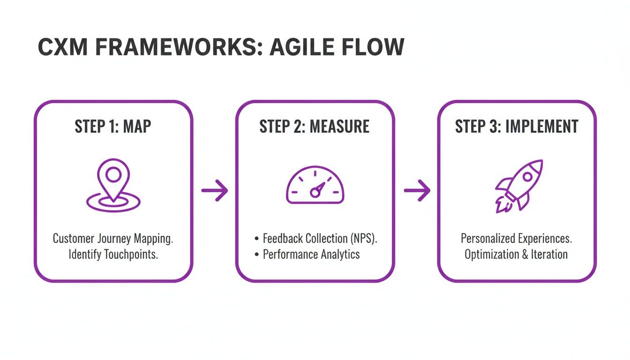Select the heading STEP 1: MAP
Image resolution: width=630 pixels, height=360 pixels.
point(113,127)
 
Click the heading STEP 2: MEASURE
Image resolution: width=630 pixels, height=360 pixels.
point(315,127)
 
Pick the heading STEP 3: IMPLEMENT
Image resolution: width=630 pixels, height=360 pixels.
point(517,127)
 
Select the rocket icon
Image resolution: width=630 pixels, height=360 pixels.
point(518,186)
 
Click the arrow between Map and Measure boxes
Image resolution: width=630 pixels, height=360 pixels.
point(214,190)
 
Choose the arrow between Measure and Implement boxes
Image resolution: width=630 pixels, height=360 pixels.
point(417,190)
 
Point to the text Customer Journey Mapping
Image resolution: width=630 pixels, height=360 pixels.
point(113,238)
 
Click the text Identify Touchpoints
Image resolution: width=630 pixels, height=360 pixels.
point(113,255)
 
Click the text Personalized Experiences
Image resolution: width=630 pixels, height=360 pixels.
point(517,238)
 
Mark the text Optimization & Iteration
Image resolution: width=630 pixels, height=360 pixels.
point(517,255)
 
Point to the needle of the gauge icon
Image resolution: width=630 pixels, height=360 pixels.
point(318,189)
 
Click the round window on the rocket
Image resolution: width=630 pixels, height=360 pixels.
point(527,177)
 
